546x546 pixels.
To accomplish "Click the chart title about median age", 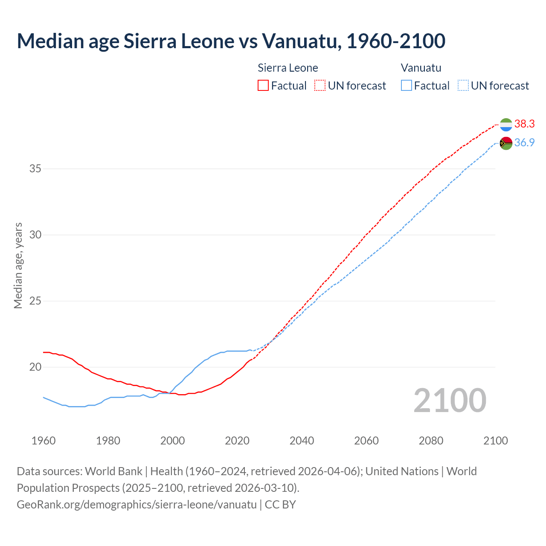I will click(231, 41).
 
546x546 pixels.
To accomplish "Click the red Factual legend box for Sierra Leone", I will click(263, 86).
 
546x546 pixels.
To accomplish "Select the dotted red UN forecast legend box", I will click(320, 86).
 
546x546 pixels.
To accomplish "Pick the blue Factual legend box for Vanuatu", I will click(407, 86).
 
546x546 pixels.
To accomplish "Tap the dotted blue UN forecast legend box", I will click(463, 86).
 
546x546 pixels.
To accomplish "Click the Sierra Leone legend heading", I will click(288, 68).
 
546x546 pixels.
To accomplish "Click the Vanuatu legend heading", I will click(421, 68).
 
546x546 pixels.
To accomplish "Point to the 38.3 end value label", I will click(524, 124).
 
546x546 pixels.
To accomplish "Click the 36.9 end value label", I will click(524, 142).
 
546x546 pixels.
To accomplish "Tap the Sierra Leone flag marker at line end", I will click(506, 125).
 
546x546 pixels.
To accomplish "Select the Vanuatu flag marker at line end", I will click(506, 143).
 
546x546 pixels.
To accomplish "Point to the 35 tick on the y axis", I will click(35, 169).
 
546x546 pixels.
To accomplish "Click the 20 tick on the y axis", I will click(35, 367).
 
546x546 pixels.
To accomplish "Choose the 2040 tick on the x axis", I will click(302, 441).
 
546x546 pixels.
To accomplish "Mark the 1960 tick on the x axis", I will click(44, 441).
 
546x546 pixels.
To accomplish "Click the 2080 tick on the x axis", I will click(431, 441).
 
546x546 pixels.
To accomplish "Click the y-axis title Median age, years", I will click(18, 265).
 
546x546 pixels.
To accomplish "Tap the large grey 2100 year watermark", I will click(450, 401).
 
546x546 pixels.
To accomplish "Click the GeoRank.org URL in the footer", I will click(136, 505).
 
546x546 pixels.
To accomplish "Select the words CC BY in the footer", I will click(280, 505).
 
